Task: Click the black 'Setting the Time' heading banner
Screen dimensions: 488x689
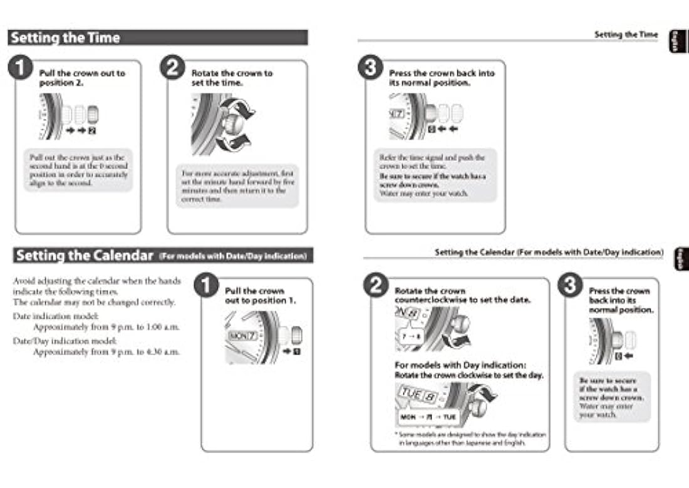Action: point(158,38)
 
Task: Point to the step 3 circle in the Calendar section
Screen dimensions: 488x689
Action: point(570,286)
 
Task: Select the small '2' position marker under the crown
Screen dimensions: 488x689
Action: point(93,131)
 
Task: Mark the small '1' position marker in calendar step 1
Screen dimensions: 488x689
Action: point(296,351)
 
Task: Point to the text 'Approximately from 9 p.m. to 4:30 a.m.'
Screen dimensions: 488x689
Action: point(106,352)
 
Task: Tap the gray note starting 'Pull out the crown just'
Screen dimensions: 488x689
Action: point(78,170)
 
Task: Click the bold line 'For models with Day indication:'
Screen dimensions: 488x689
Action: point(460,365)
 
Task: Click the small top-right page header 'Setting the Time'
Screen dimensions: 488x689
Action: point(626,34)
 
